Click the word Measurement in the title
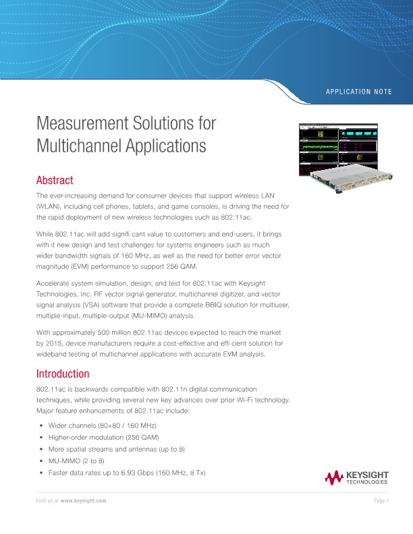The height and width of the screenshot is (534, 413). pyautogui.click(x=80, y=125)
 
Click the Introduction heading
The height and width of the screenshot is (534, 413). pyautogui.click(x=62, y=374)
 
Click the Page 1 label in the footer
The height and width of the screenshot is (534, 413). pyautogui.click(x=381, y=502)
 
